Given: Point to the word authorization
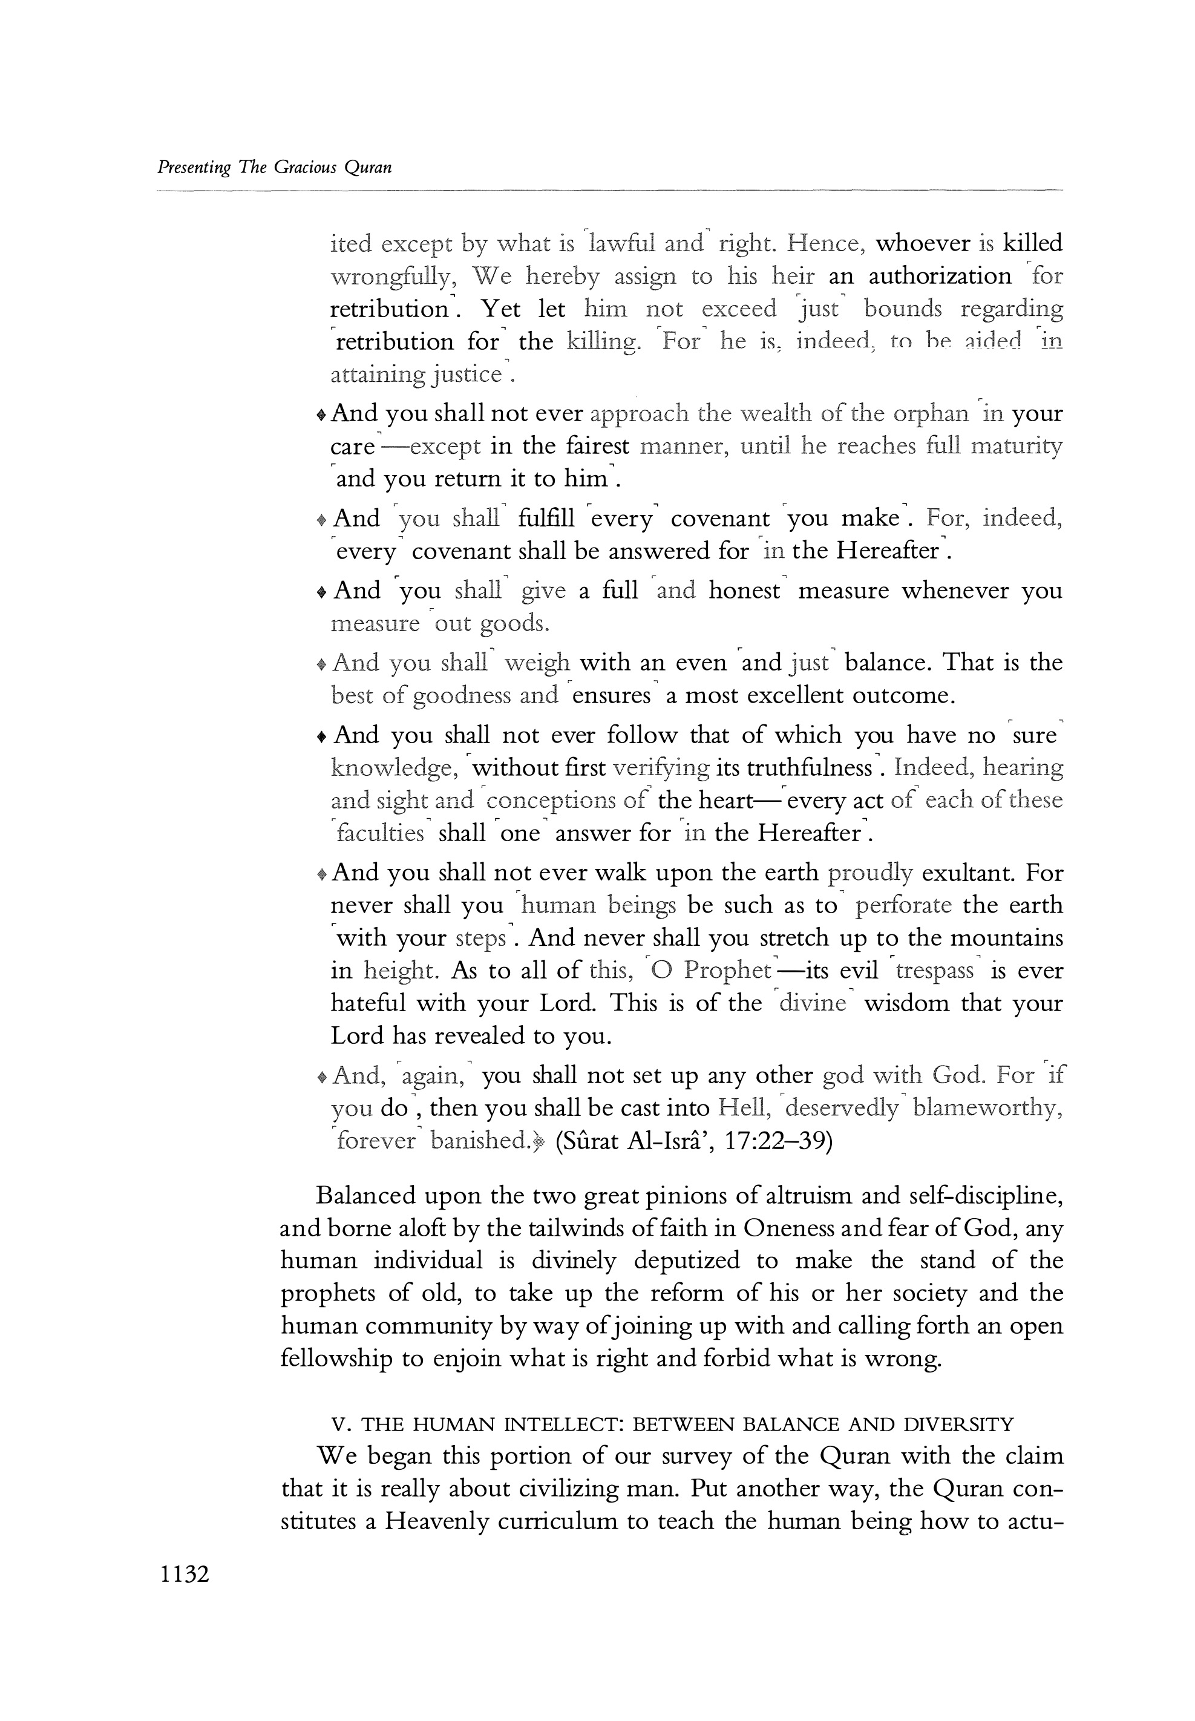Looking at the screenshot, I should pos(940,277).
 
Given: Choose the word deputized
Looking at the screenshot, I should pos(686,1262).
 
